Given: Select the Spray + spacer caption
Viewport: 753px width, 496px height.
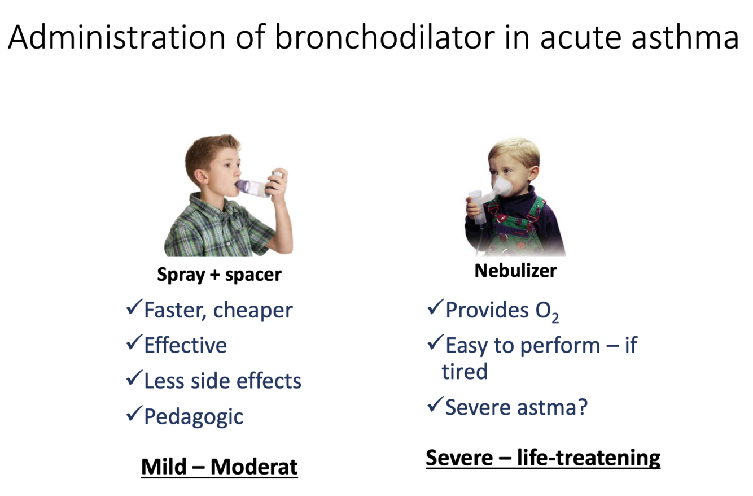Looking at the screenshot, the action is click(x=219, y=275).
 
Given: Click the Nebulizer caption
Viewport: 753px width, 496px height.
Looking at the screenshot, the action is click(x=515, y=271).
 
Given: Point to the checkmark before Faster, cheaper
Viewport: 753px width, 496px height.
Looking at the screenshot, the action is click(x=134, y=307).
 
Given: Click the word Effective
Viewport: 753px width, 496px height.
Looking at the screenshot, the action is click(x=186, y=345).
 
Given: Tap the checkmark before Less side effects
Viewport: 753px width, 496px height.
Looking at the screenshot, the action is click(x=134, y=378).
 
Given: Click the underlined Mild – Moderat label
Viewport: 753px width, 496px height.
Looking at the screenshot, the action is click(x=220, y=467).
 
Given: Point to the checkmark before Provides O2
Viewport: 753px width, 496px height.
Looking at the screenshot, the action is click(x=436, y=307).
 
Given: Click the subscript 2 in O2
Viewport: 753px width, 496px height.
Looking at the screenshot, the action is click(x=555, y=318).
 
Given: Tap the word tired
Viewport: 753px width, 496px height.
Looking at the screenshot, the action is click(x=465, y=372).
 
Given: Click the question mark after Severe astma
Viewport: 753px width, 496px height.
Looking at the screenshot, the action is click(x=581, y=407).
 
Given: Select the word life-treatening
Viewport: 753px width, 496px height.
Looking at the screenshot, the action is click(x=589, y=458).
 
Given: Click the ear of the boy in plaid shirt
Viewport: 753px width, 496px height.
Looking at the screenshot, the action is click(x=201, y=177).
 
